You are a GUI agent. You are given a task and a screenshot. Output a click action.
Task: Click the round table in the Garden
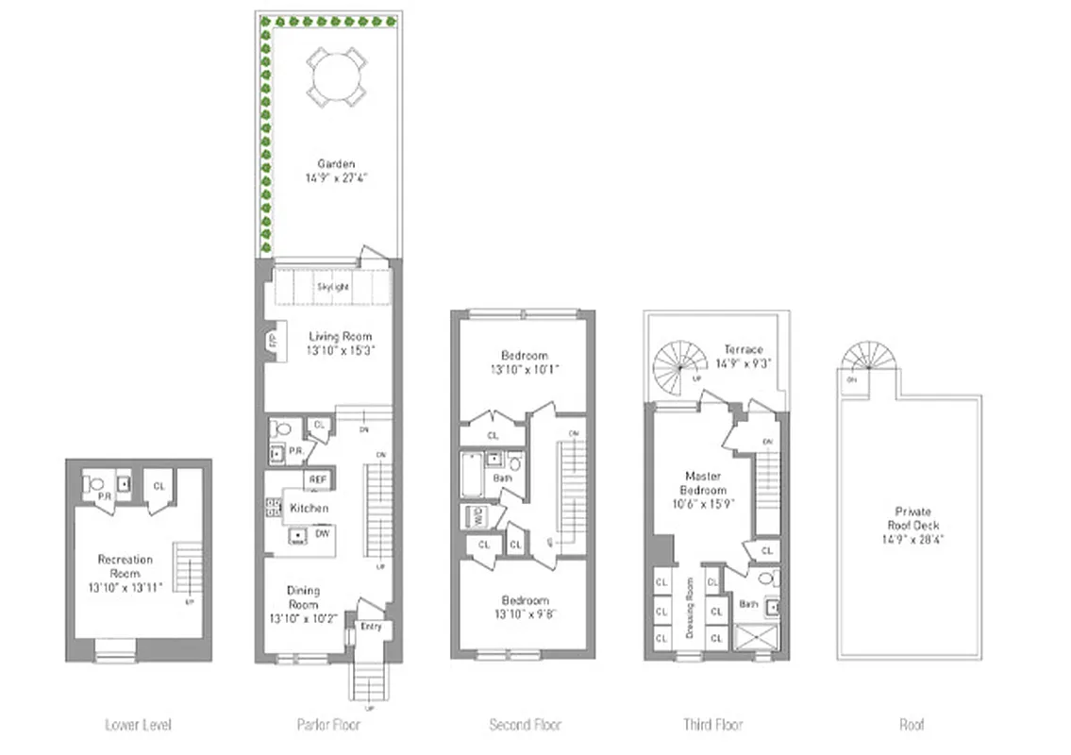click(336, 75)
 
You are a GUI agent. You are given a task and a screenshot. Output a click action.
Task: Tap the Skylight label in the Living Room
click(333, 285)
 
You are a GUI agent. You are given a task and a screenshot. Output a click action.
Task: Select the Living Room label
click(341, 336)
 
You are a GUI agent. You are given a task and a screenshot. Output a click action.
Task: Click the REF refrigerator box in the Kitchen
click(317, 479)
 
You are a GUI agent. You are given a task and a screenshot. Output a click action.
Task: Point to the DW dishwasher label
click(321, 533)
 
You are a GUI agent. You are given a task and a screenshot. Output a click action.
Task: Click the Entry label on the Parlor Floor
click(370, 627)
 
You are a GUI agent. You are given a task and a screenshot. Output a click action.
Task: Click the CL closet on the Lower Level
click(159, 486)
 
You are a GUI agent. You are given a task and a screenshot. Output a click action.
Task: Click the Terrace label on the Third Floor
click(743, 349)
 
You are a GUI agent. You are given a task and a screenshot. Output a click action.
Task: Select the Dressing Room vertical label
click(690, 609)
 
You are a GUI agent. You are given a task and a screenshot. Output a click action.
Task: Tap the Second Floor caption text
click(525, 725)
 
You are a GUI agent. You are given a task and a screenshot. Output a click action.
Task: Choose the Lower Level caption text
click(138, 725)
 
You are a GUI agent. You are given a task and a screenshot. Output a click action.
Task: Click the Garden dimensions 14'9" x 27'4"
click(336, 176)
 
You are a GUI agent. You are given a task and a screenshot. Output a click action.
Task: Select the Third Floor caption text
click(712, 725)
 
